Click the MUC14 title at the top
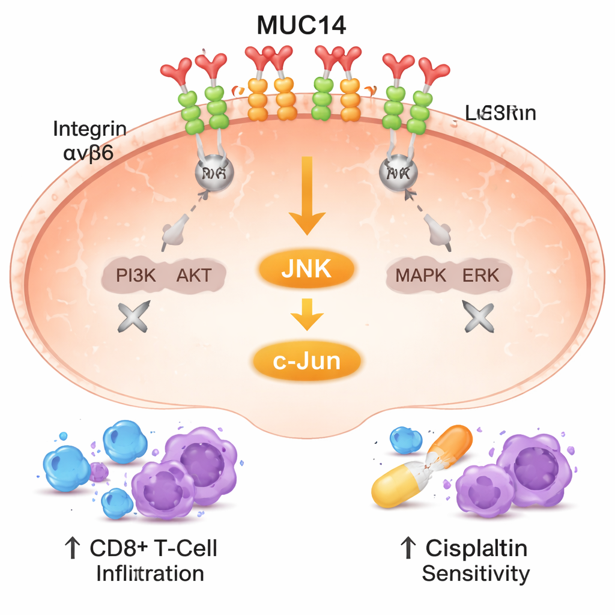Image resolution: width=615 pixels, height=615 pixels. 301,26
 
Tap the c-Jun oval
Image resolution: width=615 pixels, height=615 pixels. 307,361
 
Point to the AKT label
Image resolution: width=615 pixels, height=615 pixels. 193,276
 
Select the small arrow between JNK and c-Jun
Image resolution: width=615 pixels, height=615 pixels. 307,315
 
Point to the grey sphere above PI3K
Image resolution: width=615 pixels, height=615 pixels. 214,174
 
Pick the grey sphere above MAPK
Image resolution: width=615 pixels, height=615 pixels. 398,174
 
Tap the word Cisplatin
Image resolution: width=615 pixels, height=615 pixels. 476,548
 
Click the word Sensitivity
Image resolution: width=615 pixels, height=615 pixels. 476,574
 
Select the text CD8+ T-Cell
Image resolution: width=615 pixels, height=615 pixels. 153,548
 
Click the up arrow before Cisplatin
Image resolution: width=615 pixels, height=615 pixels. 408,548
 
